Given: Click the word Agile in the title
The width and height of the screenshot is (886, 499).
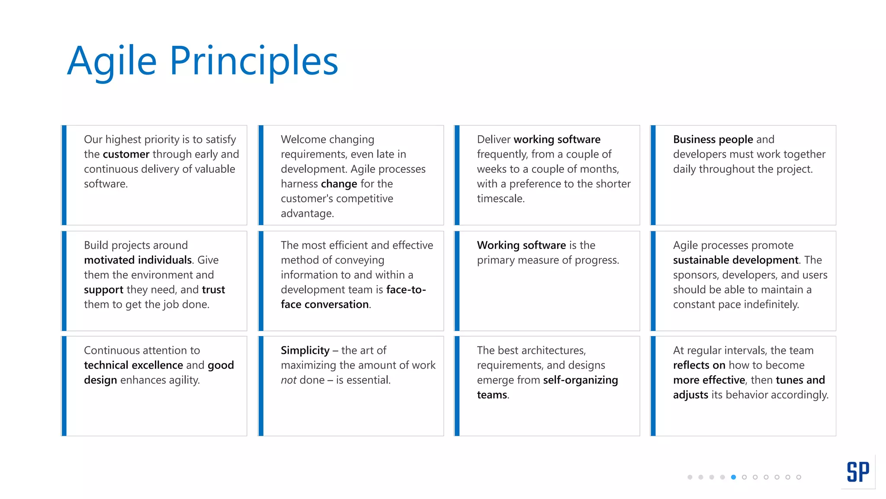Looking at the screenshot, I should [x=112, y=62].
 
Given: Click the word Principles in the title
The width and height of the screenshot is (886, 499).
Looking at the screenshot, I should [x=254, y=62].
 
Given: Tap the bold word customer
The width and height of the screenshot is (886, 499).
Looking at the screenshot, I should [x=126, y=154].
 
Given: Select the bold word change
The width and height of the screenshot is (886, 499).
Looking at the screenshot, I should [x=339, y=184].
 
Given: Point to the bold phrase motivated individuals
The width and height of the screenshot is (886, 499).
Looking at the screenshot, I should [x=138, y=260].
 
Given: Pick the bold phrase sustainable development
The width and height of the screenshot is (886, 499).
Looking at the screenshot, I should [x=735, y=260].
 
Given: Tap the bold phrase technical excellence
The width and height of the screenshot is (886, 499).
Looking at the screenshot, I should [x=133, y=365].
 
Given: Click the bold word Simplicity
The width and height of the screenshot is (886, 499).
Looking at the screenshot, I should [x=305, y=350].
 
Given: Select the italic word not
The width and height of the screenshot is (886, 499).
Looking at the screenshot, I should [x=288, y=380].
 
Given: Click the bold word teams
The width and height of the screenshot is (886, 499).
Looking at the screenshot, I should [x=492, y=395].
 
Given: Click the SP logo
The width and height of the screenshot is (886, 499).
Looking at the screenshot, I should [x=857, y=472].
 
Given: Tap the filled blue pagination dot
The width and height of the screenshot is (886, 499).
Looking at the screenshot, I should [x=733, y=477].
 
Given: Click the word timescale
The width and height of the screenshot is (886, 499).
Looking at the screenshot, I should [x=500, y=198].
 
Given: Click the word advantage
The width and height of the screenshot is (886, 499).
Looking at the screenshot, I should [x=307, y=213].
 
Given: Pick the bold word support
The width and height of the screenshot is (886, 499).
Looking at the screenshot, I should [x=103, y=289].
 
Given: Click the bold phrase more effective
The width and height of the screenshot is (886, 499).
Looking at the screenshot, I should [x=709, y=380].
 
